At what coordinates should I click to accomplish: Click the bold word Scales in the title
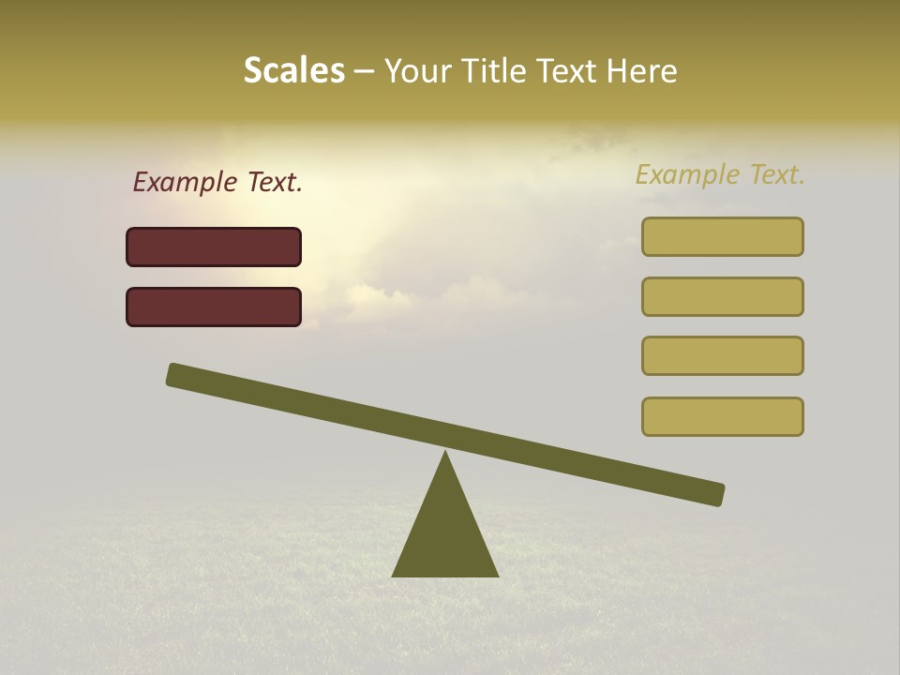click(293, 71)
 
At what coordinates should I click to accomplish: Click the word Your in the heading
click(418, 71)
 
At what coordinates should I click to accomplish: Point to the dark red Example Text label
click(217, 183)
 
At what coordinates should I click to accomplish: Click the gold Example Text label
click(720, 174)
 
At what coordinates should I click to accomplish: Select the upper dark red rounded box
click(214, 247)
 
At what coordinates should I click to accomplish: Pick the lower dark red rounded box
click(214, 307)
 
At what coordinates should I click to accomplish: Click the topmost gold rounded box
click(722, 236)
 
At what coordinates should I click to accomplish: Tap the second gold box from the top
click(722, 296)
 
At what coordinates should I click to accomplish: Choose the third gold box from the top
click(722, 355)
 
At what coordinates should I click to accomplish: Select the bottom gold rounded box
click(722, 416)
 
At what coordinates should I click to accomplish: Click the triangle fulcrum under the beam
click(445, 534)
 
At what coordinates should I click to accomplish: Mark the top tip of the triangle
click(445, 453)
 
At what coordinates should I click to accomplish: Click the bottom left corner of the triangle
click(394, 575)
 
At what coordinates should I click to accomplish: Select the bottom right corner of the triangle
click(497, 575)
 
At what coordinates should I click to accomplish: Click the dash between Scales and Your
click(365, 72)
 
